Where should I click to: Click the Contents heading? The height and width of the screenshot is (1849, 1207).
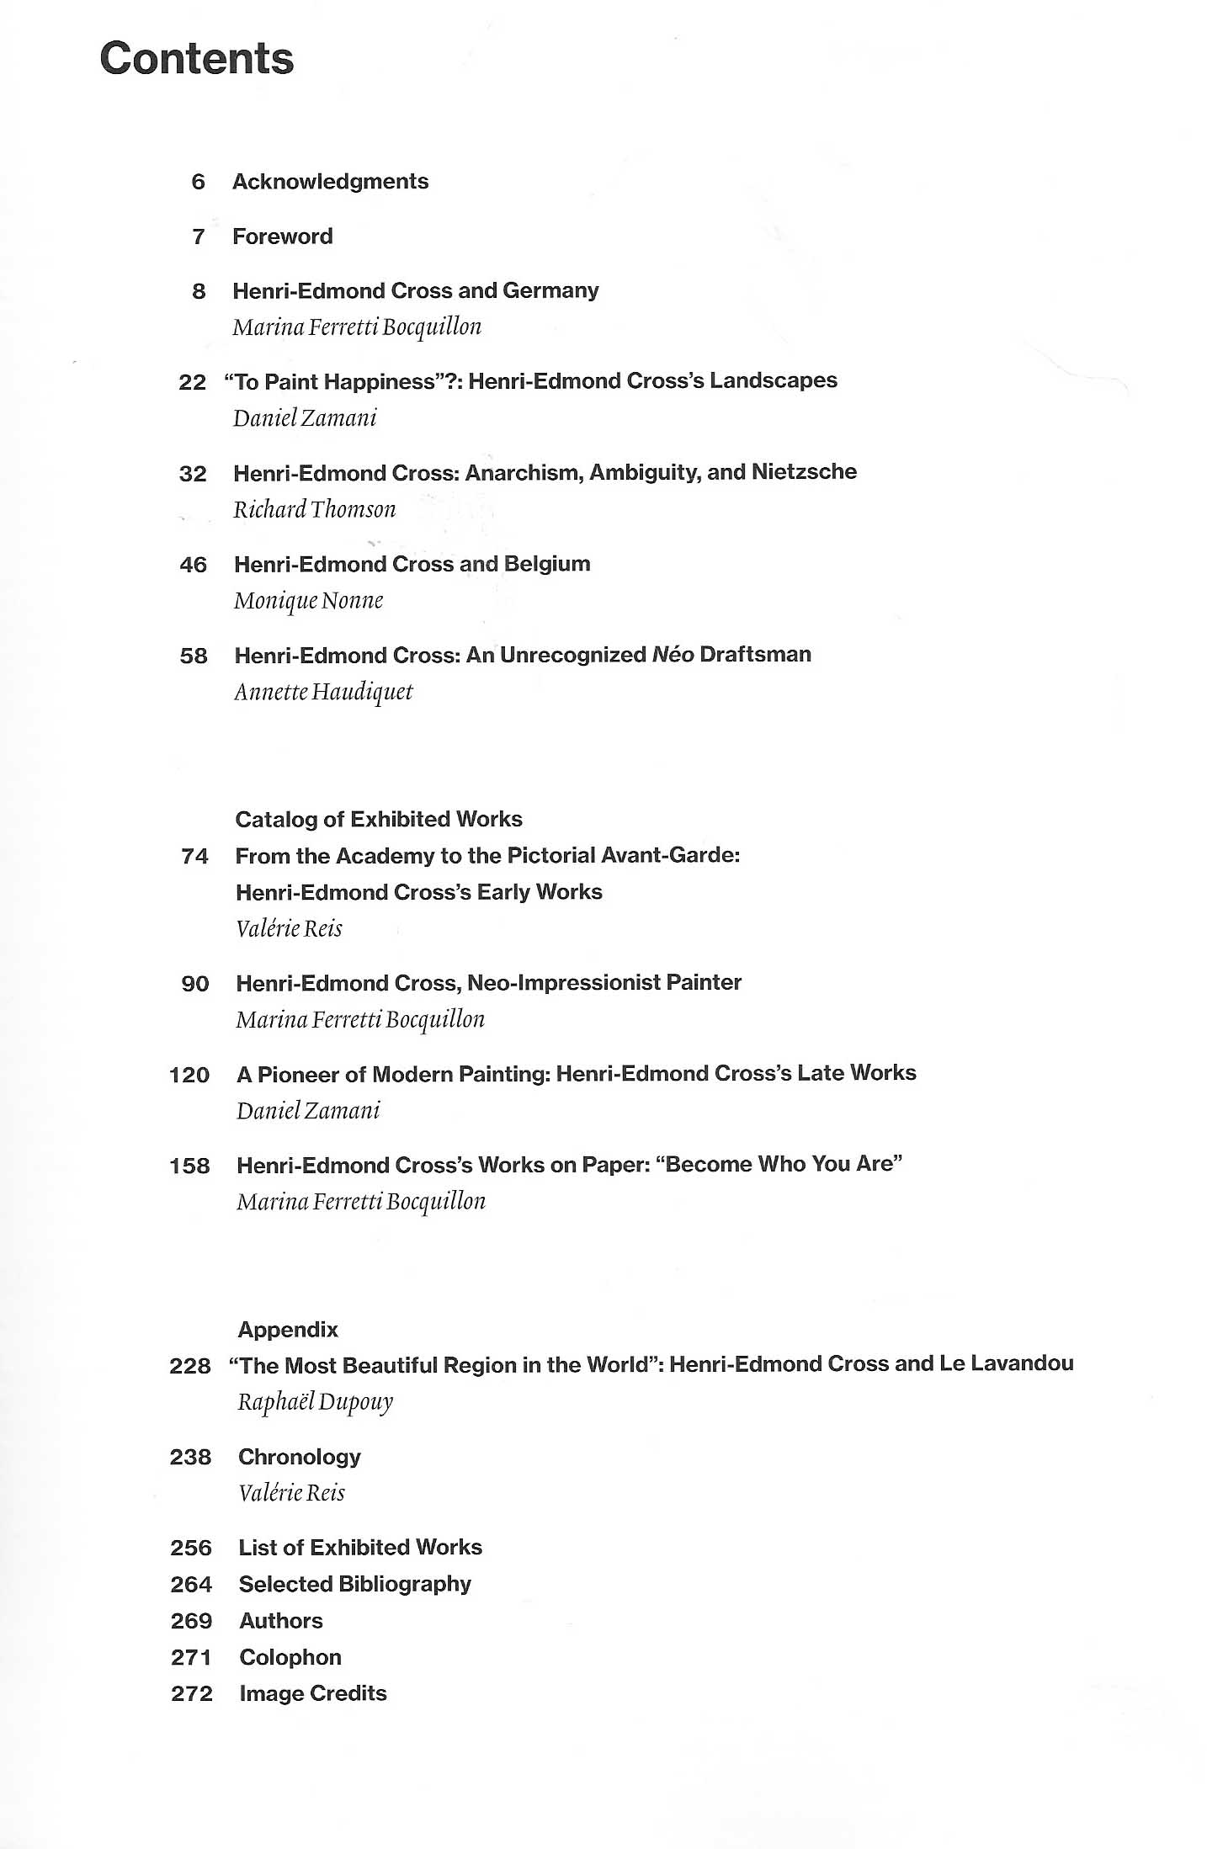click(x=197, y=60)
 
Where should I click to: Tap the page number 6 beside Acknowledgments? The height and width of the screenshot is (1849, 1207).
click(x=199, y=182)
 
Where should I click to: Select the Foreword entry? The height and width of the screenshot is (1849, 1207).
click(x=282, y=236)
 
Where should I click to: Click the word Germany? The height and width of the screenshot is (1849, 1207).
click(x=550, y=290)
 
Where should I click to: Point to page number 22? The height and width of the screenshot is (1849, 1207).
click(x=193, y=382)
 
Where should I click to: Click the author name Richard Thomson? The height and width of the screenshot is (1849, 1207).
click(x=314, y=509)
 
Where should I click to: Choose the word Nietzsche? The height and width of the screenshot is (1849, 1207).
click(x=804, y=472)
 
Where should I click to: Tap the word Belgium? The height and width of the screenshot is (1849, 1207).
click(x=547, y=564)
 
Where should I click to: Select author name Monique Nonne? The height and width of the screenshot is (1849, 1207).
click(x=309, y=601)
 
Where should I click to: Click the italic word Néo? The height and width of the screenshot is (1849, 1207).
click(x=673, y=655)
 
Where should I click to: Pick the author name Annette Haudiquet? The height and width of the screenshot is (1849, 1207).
click(x=323, y=692)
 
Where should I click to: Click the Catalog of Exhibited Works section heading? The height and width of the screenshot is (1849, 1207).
click(x=379, y=820)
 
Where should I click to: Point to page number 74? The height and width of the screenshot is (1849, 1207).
click(x=195, y=857)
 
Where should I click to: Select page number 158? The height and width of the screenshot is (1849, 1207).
click(x=189, y=1166)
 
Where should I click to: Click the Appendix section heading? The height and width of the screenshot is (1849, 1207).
click(x=288, y=1330)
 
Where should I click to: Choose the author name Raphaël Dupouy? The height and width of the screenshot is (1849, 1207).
click(x=316, y=1402)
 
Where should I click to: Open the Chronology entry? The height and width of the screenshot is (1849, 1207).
click(x=300, y=1457)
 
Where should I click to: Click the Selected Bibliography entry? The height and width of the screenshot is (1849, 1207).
click(x=355, y=1585)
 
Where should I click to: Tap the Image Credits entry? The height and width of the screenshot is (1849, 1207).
click(x=313, y=1694)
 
